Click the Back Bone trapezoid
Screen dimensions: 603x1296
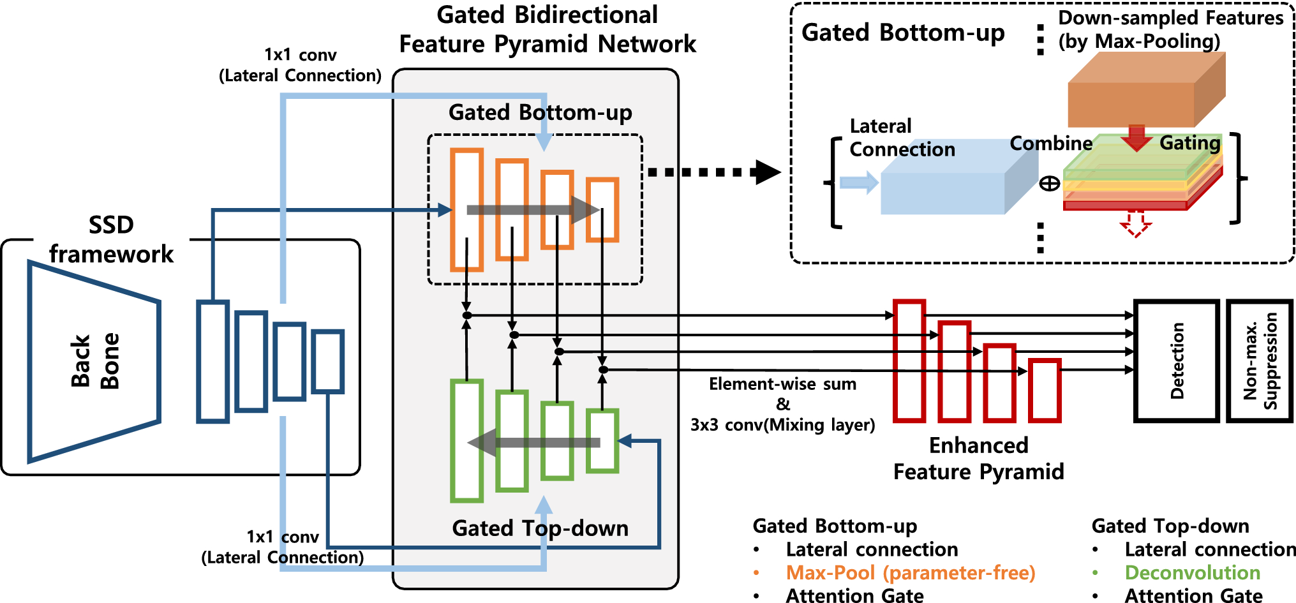tap(94, 361)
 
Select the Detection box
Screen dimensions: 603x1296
tap(1176, 361)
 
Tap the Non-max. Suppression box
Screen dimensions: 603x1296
tap(1260, 361)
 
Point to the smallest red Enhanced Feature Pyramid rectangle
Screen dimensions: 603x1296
tap(1045, 391)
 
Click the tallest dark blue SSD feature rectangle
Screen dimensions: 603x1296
tap(212, 361)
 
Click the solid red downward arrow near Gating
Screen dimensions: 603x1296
tap(1136, 138)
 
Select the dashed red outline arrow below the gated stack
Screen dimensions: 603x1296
tap(1135, 223)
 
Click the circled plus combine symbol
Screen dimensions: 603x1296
tap(1050, 184)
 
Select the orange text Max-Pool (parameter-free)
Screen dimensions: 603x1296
tap(910, 572)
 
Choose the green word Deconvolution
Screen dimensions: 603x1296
tap(1192, 572)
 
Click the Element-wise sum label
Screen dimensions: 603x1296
tap(782, 384)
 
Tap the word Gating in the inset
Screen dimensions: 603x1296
tap(1189, 143)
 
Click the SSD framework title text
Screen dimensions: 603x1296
tap(111, 239)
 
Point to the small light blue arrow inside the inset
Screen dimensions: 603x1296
tap(859, 182)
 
